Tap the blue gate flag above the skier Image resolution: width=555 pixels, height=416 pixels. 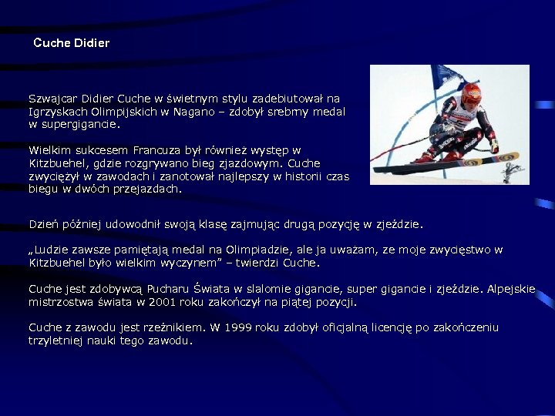(446, 76)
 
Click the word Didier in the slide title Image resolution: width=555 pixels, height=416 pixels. (92, 43)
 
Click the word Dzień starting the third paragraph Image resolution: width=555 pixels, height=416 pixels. (45, 224)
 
